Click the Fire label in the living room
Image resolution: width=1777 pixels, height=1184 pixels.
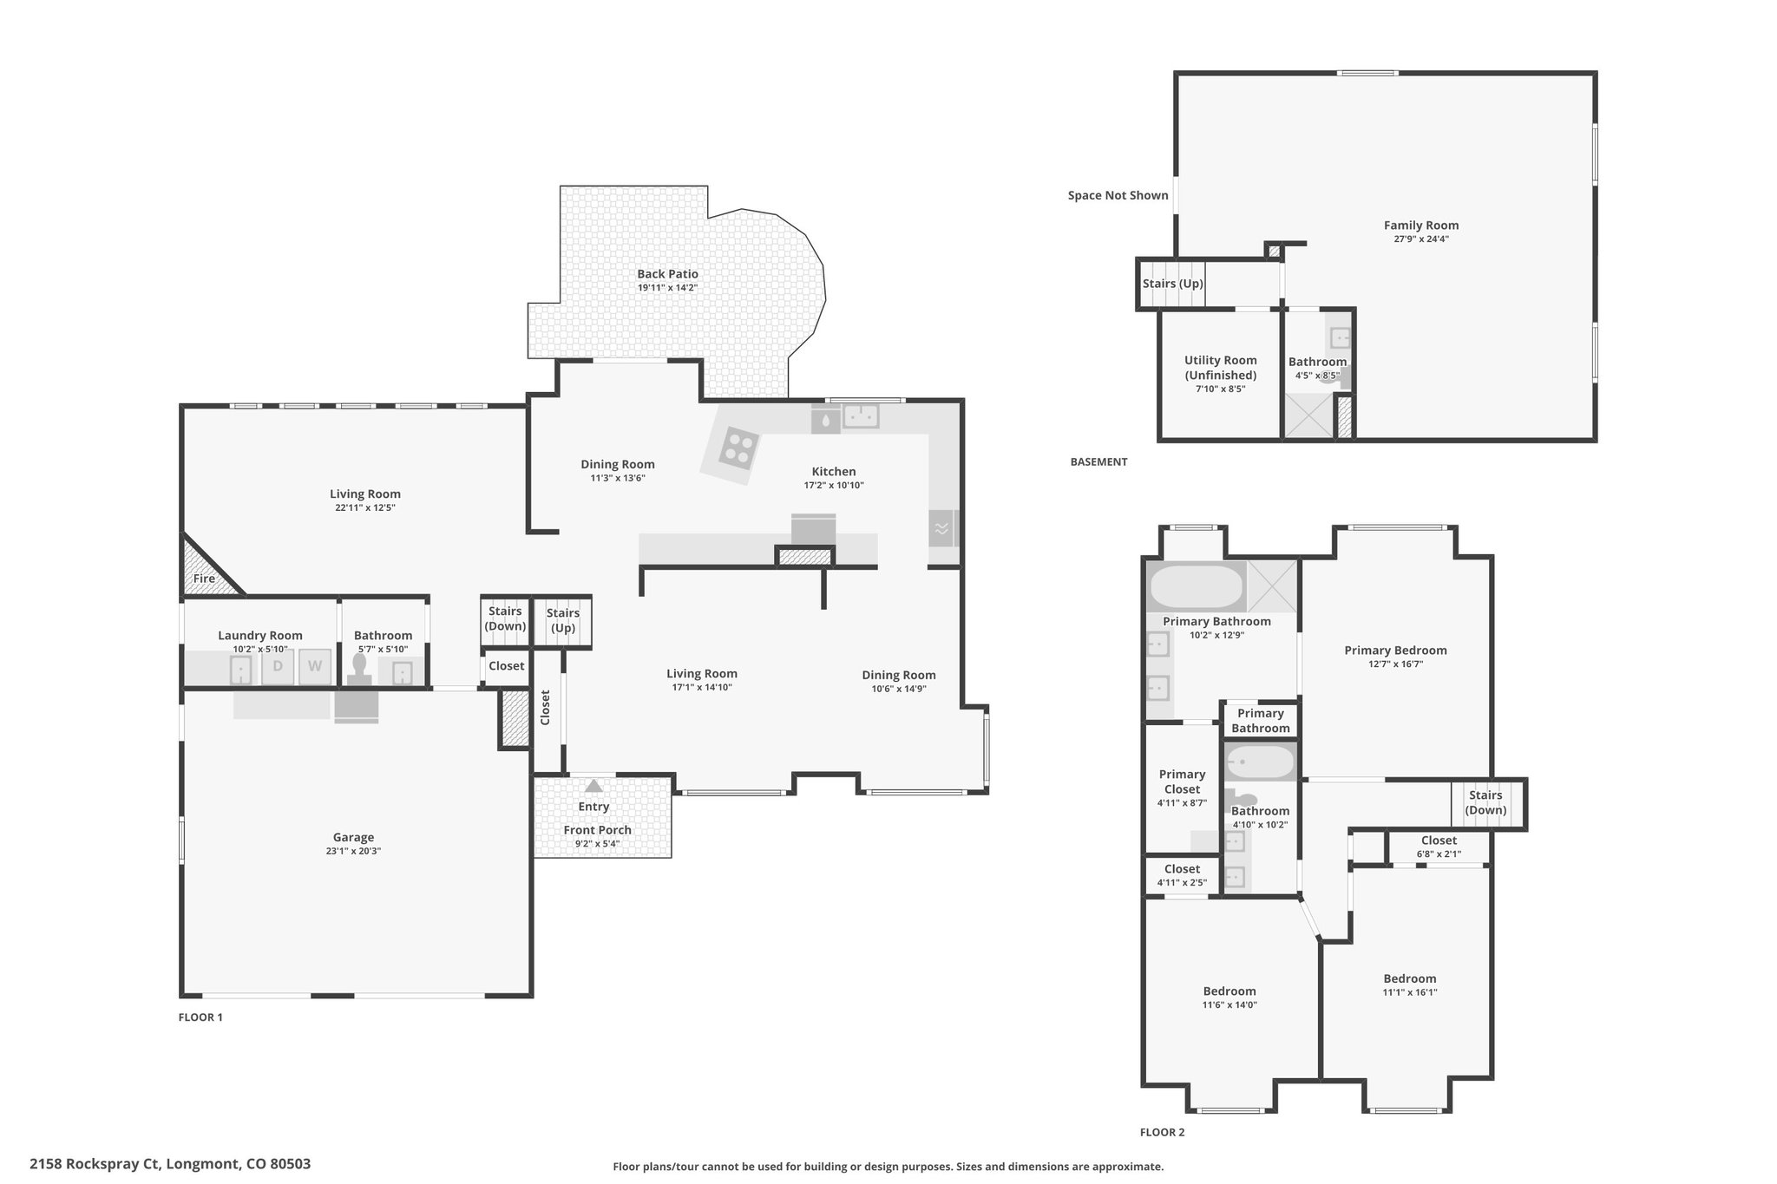point(204,579)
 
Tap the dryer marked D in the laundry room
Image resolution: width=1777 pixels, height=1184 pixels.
point(278,666)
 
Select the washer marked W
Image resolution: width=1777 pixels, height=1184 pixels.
point(315,666)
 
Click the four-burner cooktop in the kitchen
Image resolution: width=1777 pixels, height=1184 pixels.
point(739,448)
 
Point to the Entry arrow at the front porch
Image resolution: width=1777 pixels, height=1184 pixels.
point(593,786)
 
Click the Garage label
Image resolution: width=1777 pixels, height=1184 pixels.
point(353,837)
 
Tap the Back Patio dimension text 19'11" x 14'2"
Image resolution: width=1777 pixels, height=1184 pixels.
point(667,287)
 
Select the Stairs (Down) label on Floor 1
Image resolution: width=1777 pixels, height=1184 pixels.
point(505,618)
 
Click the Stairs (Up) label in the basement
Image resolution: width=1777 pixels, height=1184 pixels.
point(1172,284)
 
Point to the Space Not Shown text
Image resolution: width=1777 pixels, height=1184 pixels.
point(1118,195)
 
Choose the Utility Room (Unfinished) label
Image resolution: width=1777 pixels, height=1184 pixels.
point(1220,368)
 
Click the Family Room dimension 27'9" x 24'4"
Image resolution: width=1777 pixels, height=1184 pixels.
point(1421,239)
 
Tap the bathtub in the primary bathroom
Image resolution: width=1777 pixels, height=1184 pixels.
point(1196,586)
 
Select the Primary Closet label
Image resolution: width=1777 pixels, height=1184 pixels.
point(1182,782)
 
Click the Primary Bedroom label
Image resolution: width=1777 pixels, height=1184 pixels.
point(1395,651)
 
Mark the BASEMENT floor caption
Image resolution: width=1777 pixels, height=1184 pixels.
point(1098,461)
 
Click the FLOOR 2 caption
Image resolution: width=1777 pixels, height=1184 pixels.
point(1162,1132)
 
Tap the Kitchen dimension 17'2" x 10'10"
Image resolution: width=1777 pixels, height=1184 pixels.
point(834,486)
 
